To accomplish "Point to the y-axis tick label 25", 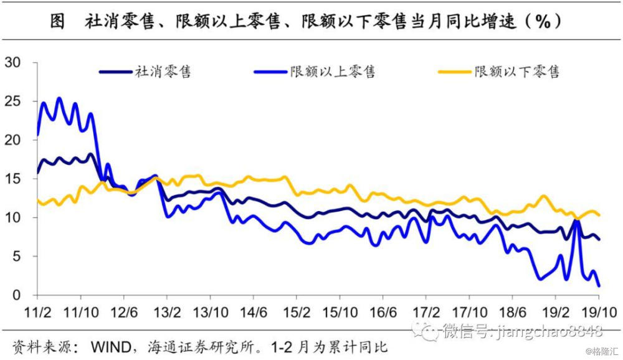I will (13, 101).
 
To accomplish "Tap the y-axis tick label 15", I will (13, 179).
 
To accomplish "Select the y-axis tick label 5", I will (17, 256).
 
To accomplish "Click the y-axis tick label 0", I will (17, 295).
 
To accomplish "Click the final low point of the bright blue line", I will (599, 286).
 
